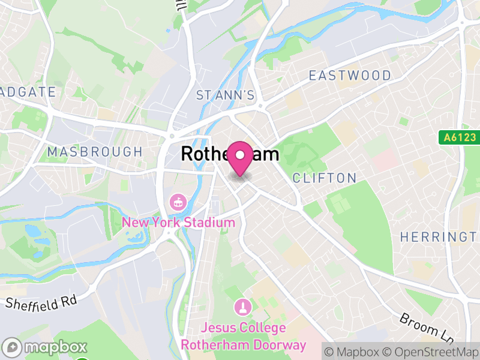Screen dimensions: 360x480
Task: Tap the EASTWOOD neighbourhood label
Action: tap(349, 76)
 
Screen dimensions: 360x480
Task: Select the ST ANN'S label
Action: tap(226, 95)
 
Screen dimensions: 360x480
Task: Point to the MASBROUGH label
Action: tap(95, 152)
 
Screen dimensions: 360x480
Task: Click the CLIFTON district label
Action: tap(324, 178)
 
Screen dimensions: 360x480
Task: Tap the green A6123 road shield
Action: tap(459, 137)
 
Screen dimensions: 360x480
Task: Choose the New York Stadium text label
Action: tap(178, 223)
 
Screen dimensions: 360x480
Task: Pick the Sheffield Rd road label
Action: tap(42, 301)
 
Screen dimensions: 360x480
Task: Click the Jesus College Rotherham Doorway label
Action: tap(243, 336)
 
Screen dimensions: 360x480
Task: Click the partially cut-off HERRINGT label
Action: tap(440, 237)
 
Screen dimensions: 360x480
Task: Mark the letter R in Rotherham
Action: tap(187, 154)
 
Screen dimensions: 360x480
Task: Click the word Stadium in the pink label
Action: tap(209, 223)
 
